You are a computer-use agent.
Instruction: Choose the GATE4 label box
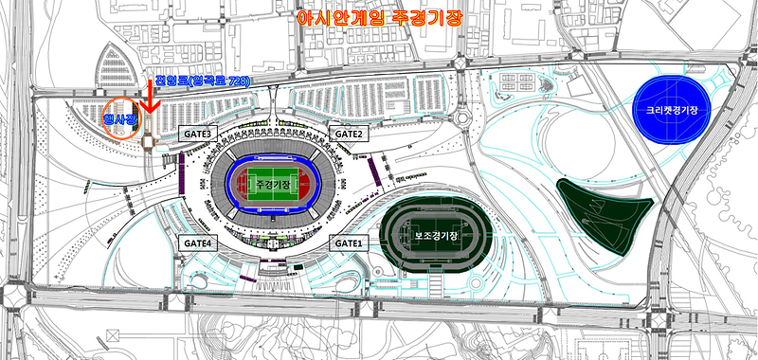(200, 243)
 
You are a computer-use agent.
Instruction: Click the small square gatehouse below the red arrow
(150, 139)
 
